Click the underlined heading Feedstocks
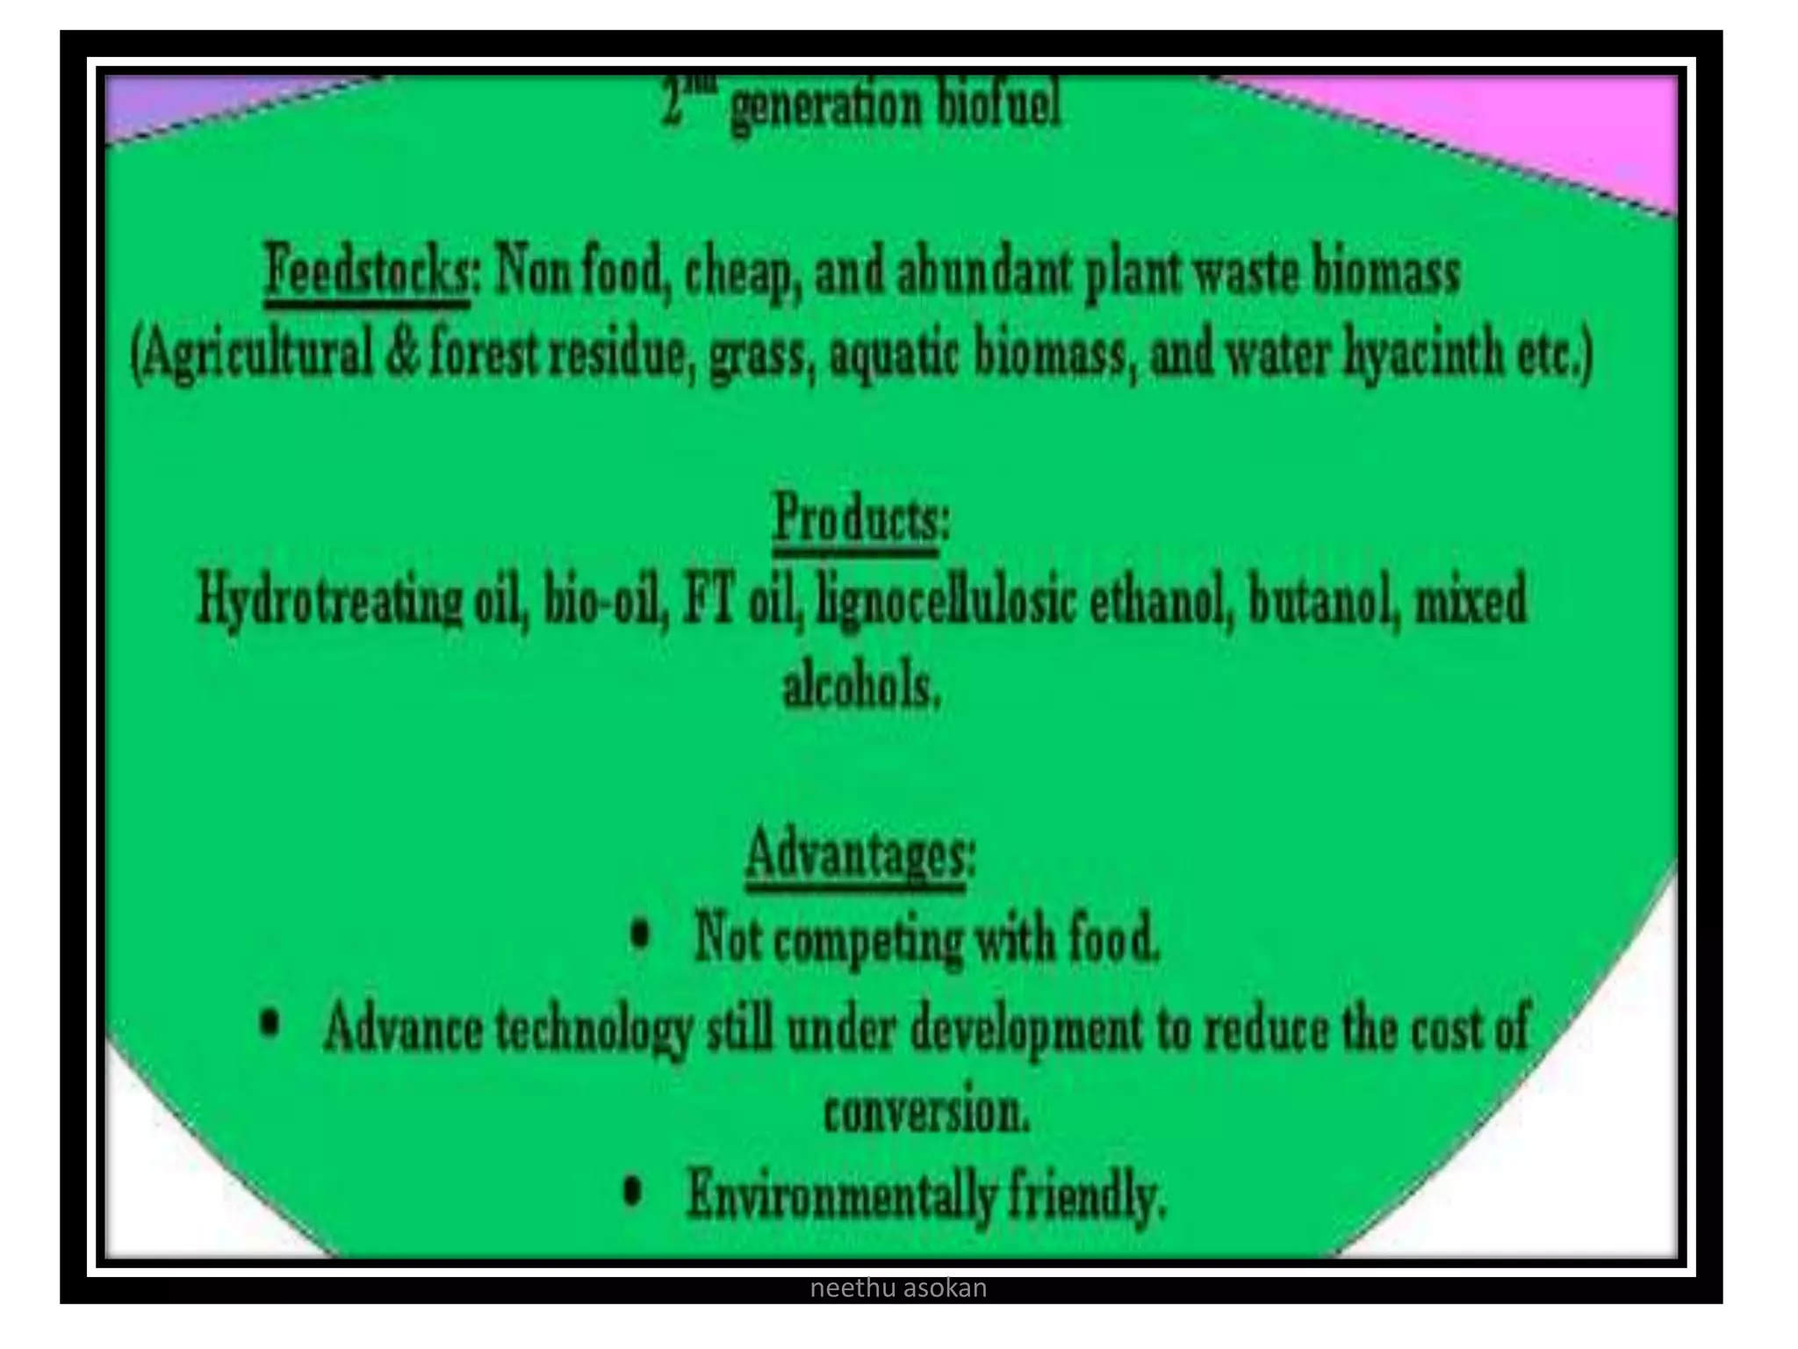click(367, 273)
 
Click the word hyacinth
click(1422, 357)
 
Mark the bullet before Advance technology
click(271, 1024)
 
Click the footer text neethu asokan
click(897, 1288)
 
